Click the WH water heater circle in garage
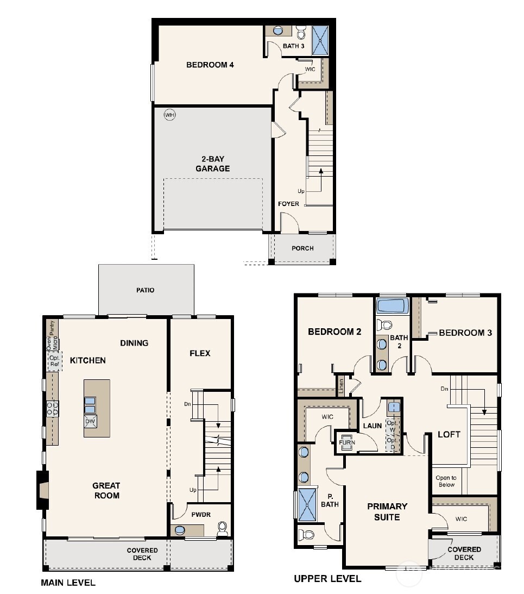(x=170, y=115)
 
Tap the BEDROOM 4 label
(x=210, y=65)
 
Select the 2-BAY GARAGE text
(x=213, y=164)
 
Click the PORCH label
(x=302, y=248)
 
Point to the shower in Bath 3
(x=320, y=40)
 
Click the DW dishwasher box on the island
(x=91, y=421)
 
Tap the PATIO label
(x=145, y=290)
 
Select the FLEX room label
(x=199, y=353)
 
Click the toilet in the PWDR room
(x=222, y=528)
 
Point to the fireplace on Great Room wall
(x=42, y=490)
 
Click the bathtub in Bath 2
(x=392, y=306)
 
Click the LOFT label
(x=449, y=434)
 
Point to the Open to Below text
(x=446, y=481)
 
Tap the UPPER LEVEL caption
(x=327, y=579)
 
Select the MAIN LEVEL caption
(x=68, y=583)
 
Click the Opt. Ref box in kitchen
(x=54, y=361)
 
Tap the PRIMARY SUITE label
(x=387, y=511)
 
